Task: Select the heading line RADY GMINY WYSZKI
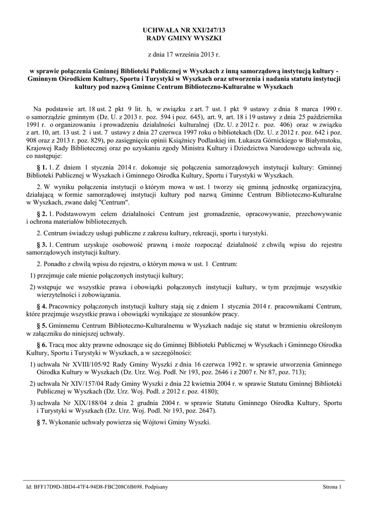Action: (x=183, y=38)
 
